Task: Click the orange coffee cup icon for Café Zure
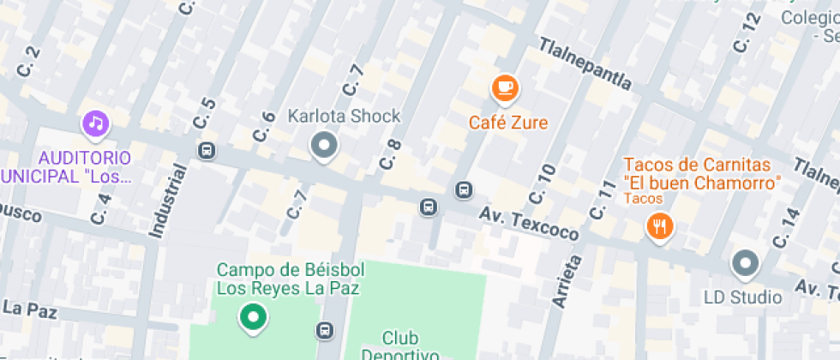click(x=505, y=87)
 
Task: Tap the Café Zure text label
click(x=508, y=123)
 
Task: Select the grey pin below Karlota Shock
click(x=323, y=146)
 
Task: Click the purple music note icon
click(x=96, y=124)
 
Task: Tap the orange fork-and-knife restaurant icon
click(x=659, y=226)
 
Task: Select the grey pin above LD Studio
click(x=745, y=264)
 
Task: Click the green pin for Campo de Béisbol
click(x=252, y=317)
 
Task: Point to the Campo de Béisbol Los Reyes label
click(x=291, y=279)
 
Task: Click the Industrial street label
click(x=168, y=200)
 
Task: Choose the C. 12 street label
click(x=747, y=33)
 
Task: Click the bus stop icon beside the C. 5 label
click(x=206, y=152)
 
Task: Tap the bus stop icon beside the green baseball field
click(x=325, y=330)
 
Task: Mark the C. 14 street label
click(x=785, y=228)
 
